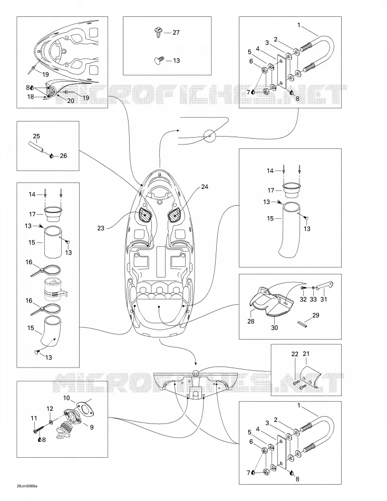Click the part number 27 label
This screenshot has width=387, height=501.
click(176, 32)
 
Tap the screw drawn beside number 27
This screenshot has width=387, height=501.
click(158, 32)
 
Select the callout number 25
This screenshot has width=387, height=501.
click(36, 137)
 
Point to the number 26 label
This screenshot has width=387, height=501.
click(63, 156)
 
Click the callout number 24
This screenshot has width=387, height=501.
click(205, 187)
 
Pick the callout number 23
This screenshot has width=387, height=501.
click(101, 228)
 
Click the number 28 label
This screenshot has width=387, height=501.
click(251, 321)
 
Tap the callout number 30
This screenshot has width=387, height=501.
click(275, 327)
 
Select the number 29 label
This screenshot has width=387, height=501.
click(316, 315)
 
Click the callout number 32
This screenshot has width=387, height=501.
click(303, 300)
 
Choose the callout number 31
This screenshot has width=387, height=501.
click(324, 300)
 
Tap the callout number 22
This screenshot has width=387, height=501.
click(295, 354)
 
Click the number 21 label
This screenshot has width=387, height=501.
click(306, 354)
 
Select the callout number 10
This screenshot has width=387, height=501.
click(66, 398)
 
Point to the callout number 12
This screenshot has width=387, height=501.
click(50, 409)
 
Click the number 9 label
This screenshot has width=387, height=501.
click(92, 427)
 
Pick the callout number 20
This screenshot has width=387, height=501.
click(70, 101)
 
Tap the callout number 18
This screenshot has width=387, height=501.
click(31, 97)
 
